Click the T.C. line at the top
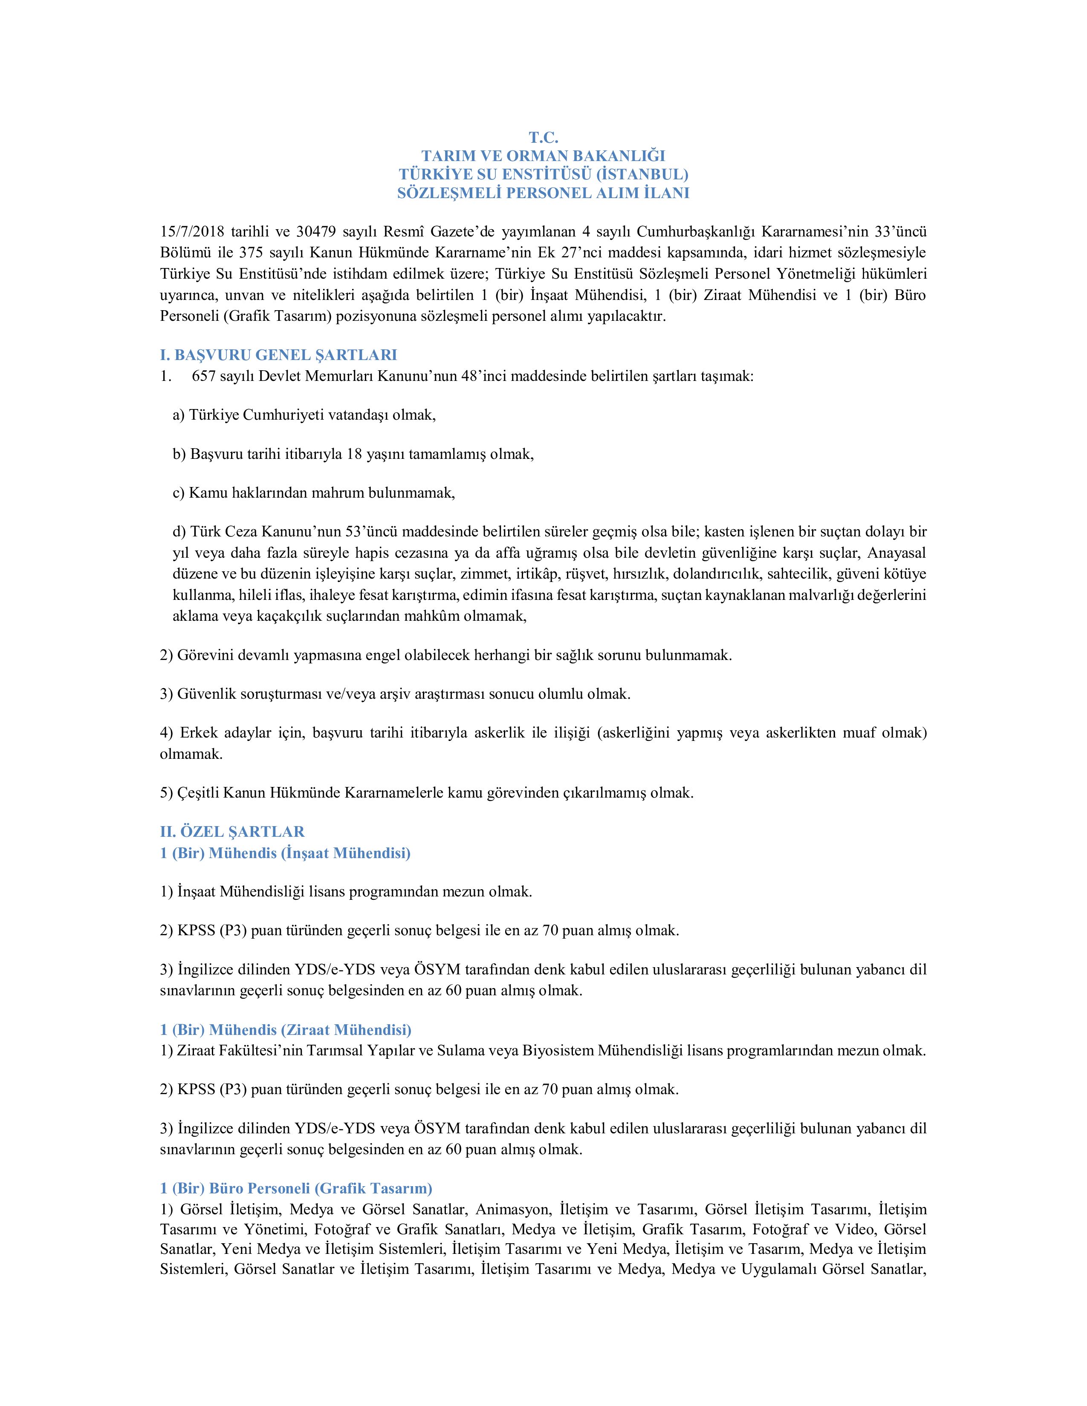click(x=543, y=137)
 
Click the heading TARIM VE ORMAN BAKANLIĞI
click(x=543, y=156)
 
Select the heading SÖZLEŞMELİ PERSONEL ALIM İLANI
click(x=543, y=193)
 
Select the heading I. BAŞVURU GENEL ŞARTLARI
click(x=278, y=355)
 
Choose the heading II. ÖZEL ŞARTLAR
click(x=232, y=832)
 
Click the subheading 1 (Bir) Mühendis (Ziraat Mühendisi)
click(x=285, y=1029)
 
